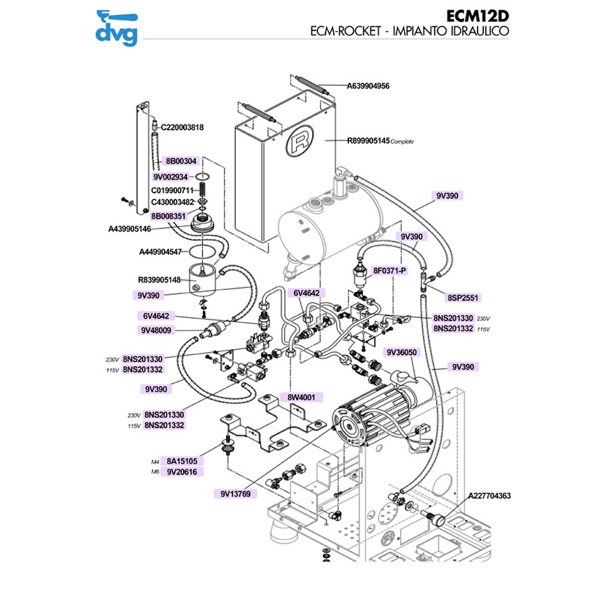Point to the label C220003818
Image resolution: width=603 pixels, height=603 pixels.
(x=182, y=127)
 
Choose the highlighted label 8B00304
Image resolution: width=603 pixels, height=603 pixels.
(x=181, y=161)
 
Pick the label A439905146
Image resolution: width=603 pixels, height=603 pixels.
(x=140, y=228)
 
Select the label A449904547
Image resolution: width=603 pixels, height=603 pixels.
(x=161, y=252)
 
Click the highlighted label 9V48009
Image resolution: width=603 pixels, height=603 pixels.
(x=156, y=330)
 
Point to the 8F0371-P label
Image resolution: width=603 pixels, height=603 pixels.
(x=390, y=270)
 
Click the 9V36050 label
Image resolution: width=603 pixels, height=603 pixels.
(x=402, y=352)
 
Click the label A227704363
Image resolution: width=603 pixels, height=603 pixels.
(x=490, y=496)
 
